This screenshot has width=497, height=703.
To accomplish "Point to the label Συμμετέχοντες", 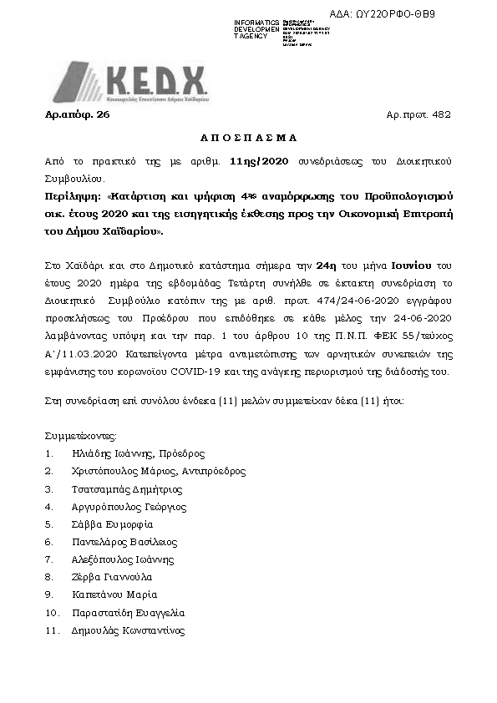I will pos(80,436).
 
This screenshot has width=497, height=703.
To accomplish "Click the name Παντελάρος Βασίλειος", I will pos(125,542).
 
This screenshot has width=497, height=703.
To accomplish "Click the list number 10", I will pos(51,612).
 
